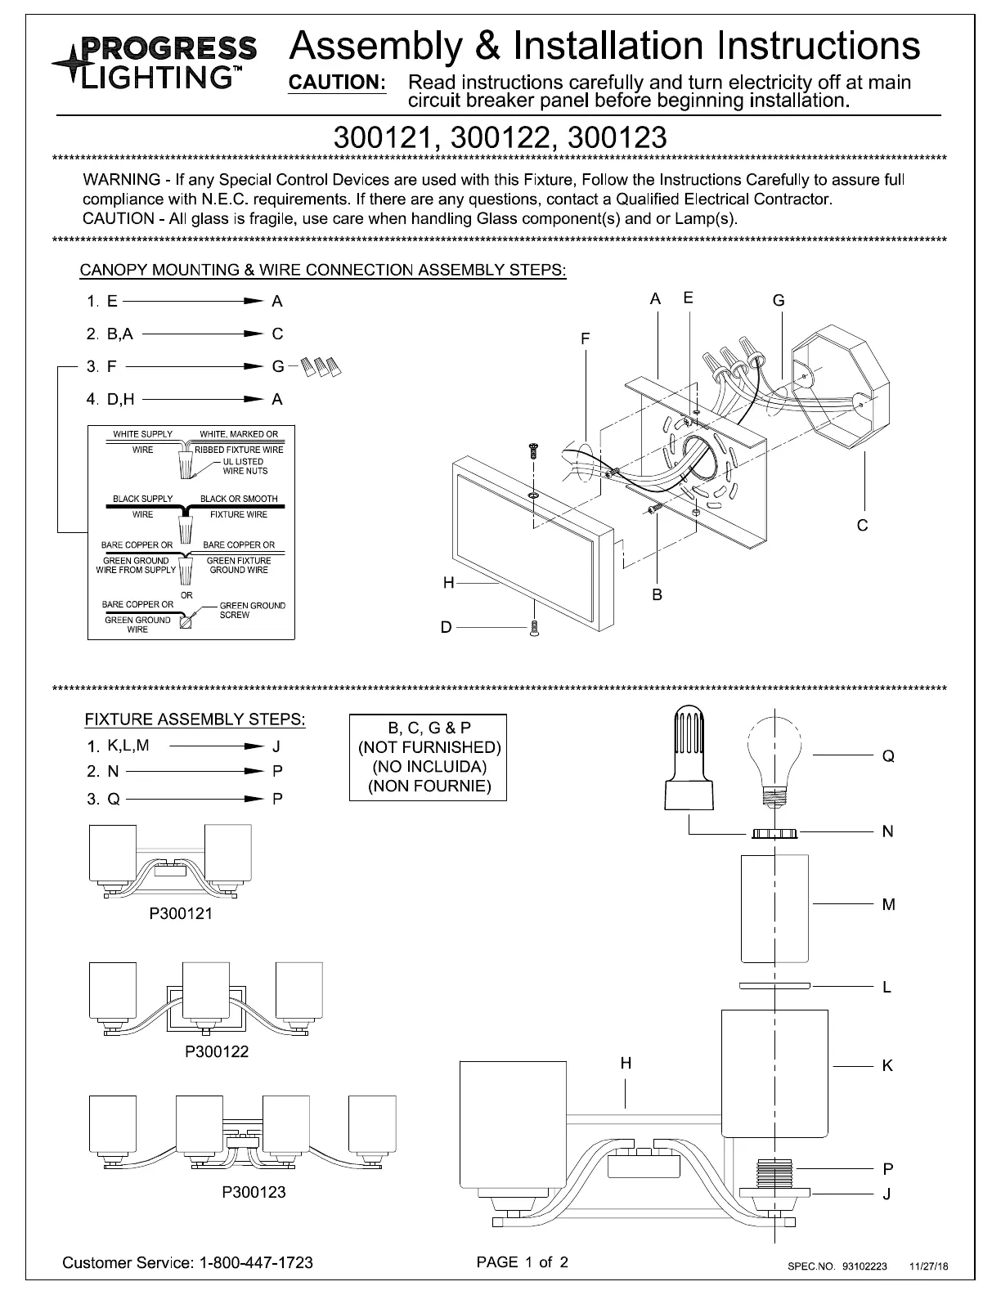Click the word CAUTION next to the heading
[x=338, y=83]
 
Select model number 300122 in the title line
[x=500, y=137]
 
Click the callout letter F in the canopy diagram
[x=586, y=338]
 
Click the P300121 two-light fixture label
[x=181, y=914]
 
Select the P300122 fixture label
[x=217, y=1051]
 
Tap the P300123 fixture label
[x=254, y=1192]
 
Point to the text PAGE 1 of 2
[x=522, y=1261]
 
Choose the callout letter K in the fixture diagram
[x=887, y=1066]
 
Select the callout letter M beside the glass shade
[x=888, y=905]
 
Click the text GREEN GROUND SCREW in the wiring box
[x=252, y=610]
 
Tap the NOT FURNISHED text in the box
[x=429, y=747]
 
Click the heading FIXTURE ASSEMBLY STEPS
[x=195, y=719]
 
